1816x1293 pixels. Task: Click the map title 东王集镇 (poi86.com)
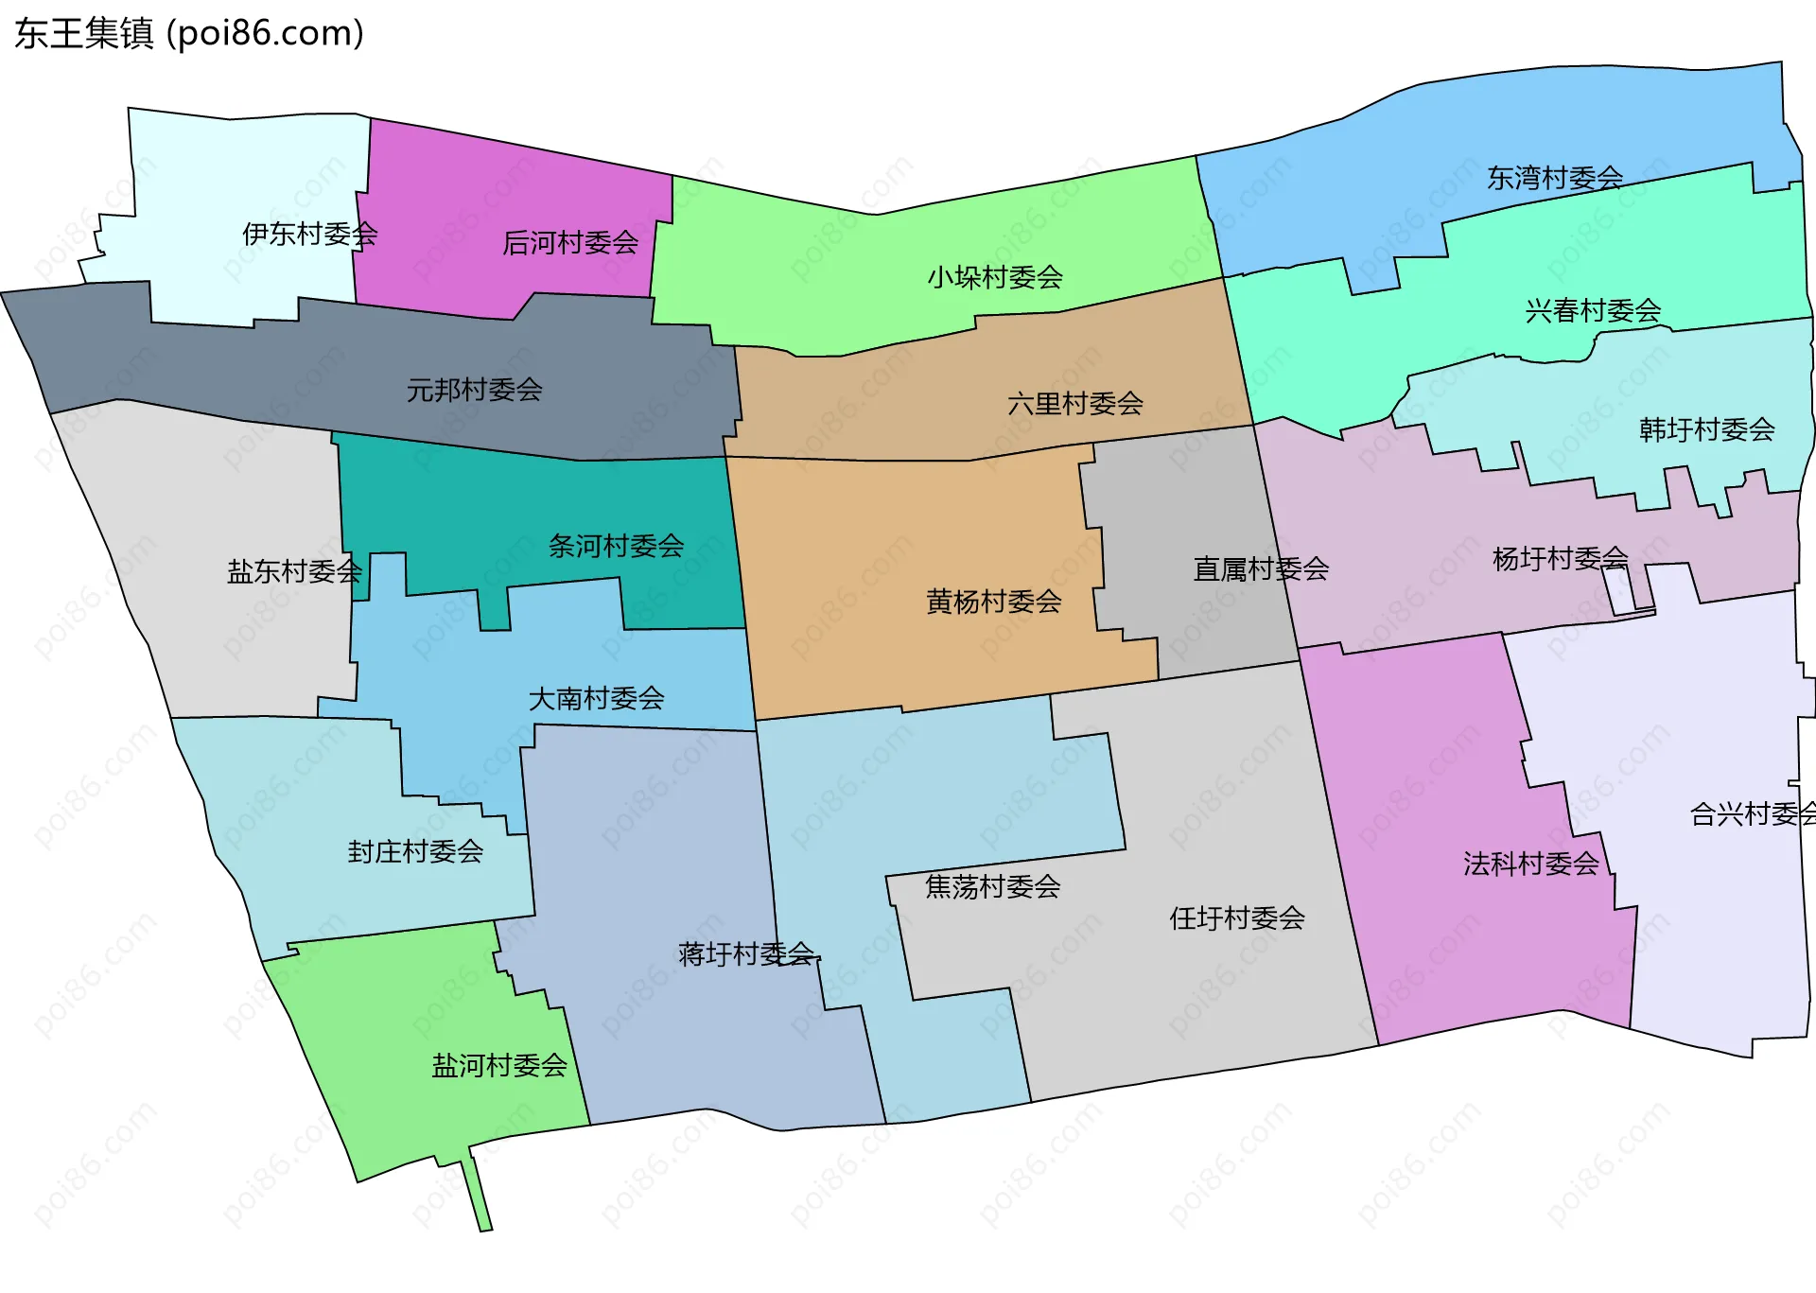189,34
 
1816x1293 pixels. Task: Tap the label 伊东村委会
309,234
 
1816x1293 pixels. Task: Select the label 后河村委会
569,243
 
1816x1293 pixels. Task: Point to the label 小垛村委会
994,277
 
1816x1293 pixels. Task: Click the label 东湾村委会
1554,178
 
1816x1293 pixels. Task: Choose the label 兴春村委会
1593,310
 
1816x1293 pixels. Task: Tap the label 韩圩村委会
1706,429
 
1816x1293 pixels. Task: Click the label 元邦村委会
474,389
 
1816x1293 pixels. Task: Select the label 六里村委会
1074,404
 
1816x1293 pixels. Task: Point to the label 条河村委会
616,546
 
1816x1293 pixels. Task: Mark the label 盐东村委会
294,571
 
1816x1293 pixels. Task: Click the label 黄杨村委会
993,602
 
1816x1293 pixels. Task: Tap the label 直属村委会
1261,568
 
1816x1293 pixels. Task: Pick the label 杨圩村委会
1560,559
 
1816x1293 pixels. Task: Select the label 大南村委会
596,699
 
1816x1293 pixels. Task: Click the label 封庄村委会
415,852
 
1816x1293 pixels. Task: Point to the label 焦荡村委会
992,886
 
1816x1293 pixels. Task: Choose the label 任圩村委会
1236,917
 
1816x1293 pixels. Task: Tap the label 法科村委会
1530,864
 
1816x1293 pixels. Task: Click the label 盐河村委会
499,1066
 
